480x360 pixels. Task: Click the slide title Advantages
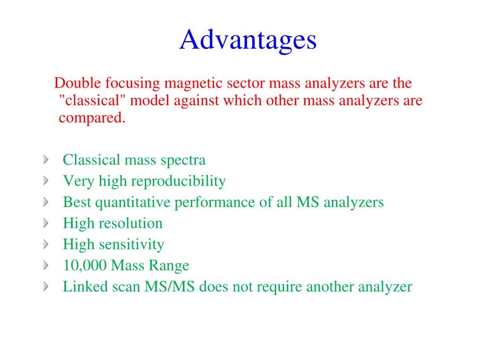(247, 40)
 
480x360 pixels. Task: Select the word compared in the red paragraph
(92, 118)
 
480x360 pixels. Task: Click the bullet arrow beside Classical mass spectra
(45, 160)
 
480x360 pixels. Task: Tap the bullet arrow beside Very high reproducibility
(45, 181)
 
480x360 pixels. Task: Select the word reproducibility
(178, 181)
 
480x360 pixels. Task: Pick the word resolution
(131, 223)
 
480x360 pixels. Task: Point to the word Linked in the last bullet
(79, 286)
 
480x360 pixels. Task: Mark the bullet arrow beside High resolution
(45, 224)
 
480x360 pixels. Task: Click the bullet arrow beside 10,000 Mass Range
(45, 266)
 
